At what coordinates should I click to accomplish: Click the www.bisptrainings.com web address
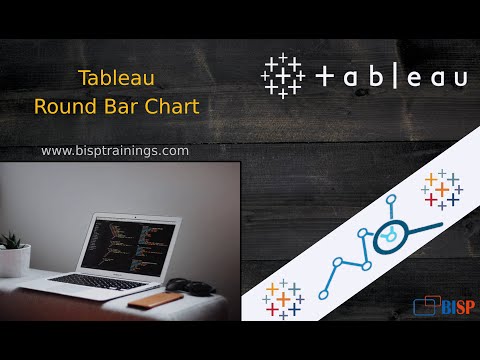115,150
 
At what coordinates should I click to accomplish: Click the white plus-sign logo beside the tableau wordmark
283,76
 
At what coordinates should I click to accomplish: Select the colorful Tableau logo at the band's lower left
284,298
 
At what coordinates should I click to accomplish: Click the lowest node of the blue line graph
327,295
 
